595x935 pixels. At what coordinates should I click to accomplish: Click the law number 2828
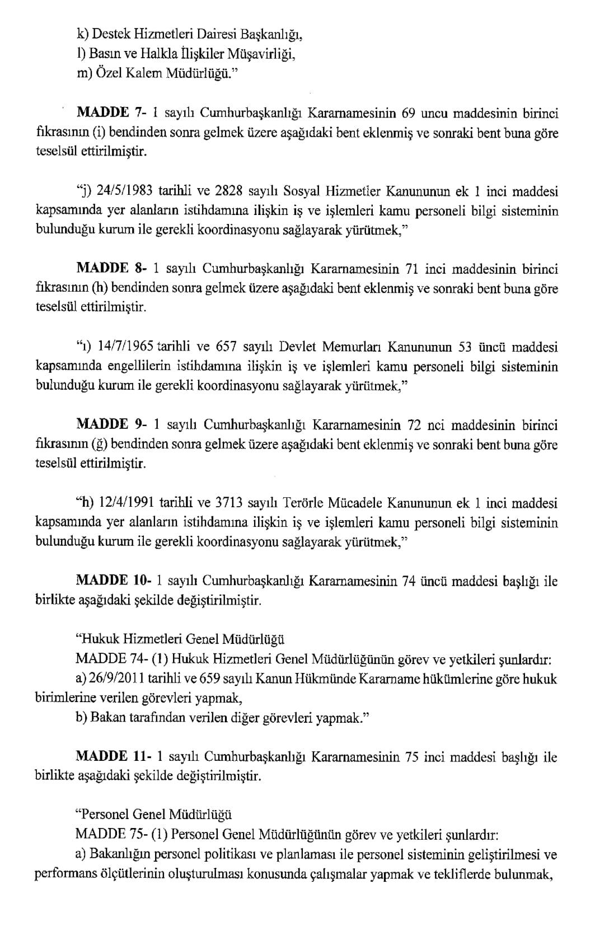(229, 191)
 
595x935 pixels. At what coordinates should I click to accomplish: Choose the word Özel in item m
(104, 74)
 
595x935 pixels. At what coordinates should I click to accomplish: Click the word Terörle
(311, 502)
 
